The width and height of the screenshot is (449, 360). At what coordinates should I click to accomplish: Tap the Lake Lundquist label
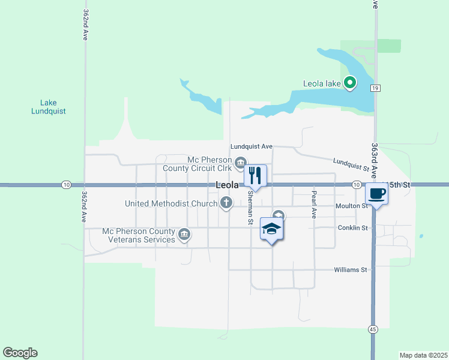click(x=49, y=107)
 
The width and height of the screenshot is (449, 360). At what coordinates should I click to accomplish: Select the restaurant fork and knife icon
click(x=255, y=176)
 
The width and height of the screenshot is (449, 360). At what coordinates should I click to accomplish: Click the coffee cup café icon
click(x=376, y=194)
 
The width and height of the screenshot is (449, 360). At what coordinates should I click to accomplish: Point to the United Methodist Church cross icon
click(x=226, y=203)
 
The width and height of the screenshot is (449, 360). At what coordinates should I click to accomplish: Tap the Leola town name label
click(x=227, y=186)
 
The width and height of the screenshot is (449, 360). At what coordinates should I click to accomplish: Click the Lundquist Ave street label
click(x=252, y=146)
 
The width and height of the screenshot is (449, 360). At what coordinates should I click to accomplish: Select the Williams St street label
click(x=350, y=270)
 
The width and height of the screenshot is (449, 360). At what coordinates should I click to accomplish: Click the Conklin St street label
click(x=352, y=227)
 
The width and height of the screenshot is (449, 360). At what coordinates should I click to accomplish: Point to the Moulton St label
click(x=352, y=206)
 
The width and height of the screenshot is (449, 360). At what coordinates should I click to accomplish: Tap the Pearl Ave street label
click(x=313, y=205)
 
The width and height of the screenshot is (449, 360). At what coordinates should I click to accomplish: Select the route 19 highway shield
click(x=376, y=88)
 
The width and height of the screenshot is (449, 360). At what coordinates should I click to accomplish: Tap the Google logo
click(x=20, y=353)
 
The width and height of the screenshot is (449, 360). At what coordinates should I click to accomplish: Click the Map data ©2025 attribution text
click(x=423, y=355)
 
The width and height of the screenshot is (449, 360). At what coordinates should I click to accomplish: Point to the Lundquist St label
click(x=351, y=164)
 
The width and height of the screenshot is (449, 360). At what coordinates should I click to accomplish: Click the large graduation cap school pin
click(x=271, y=229)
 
